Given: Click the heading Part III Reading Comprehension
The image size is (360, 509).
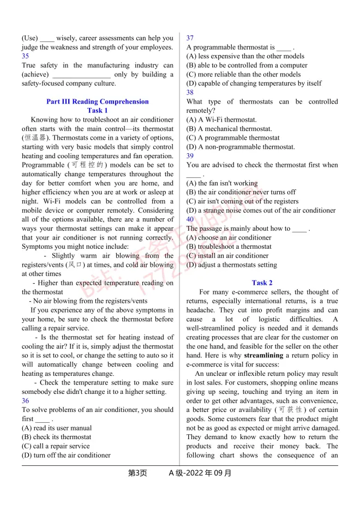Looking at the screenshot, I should [97, 101].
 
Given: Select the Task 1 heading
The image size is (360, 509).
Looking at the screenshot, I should [98, 110].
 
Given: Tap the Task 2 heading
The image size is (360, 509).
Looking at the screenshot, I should [262, 283].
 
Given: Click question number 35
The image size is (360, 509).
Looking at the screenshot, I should [26, 56].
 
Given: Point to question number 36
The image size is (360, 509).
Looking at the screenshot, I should [26, 401].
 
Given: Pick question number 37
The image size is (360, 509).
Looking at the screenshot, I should [190, 38].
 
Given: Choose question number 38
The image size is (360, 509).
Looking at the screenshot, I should [190, 92].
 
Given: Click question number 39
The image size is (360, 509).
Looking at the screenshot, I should [190, 156].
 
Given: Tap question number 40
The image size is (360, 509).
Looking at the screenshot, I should [190, 219].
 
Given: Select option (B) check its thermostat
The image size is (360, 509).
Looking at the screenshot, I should [52, 437].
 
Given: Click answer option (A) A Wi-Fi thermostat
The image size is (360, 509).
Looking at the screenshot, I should [221, 119].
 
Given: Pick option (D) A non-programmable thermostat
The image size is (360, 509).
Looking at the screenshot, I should [241, 147].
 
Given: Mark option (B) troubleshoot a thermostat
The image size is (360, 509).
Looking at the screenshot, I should [229, 247].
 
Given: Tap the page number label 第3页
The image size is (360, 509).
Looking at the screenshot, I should [137, 473].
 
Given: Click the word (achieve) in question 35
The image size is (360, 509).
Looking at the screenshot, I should [35, 74].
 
